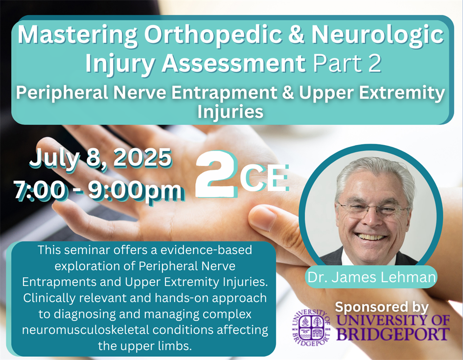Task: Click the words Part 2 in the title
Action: click(x=347, y=63)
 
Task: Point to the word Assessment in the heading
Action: click(x=233, y=63)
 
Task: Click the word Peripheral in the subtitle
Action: click(x=63, y=93)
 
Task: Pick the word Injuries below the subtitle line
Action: click(x=230, y=112)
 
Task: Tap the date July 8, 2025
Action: click(x=100, y=158)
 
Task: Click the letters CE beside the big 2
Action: click(x=264, y=177)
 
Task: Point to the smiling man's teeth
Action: click(x=370, y=237)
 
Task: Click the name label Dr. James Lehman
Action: click(x=371, y=277)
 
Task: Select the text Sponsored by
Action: click(x=382, y=307)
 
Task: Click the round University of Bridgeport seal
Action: click(x=311, y=327)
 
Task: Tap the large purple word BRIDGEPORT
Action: click(x=393, y=334)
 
